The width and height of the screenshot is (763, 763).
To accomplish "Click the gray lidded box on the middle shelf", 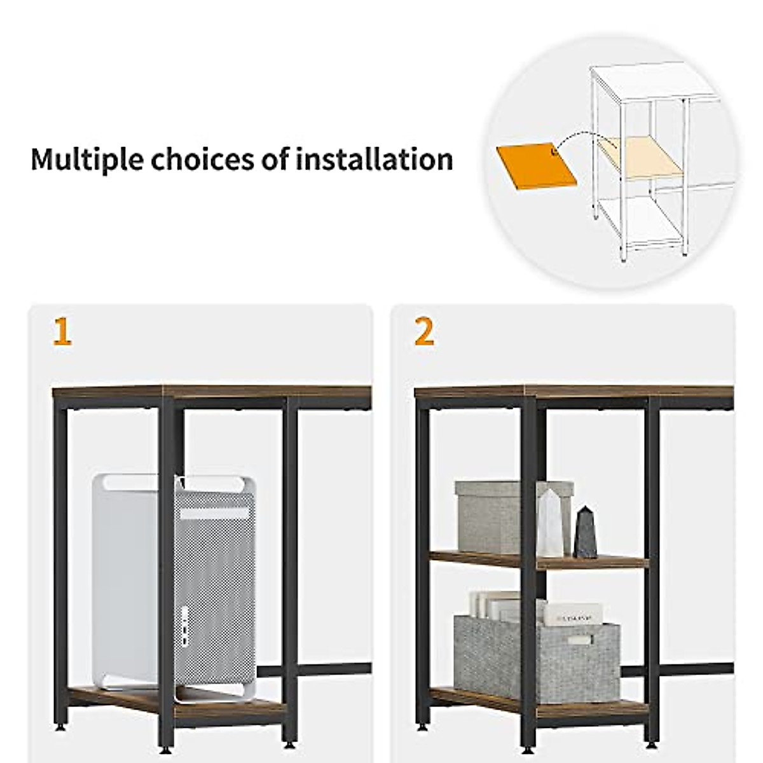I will pos(496,516).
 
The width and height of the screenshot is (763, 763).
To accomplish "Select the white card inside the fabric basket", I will pos(572,614).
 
